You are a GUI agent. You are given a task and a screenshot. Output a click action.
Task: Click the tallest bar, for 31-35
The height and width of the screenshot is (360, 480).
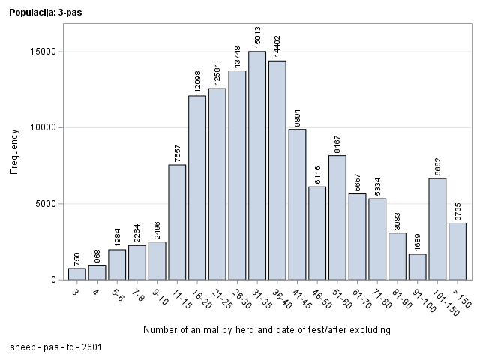pos(257,165)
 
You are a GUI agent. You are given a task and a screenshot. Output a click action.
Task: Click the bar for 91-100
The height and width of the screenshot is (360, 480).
pos(418,266)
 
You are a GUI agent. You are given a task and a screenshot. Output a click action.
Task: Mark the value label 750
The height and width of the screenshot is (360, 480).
pos(77,258)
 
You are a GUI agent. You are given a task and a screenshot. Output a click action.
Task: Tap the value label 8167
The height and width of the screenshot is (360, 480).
pos(337,142)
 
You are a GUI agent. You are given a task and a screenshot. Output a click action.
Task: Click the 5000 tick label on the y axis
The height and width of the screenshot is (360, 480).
pos(46,203)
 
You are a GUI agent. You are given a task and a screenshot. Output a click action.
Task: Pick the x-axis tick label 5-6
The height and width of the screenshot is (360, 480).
pos(116,295)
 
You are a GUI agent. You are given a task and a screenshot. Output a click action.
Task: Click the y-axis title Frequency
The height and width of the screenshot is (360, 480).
pos(14,152)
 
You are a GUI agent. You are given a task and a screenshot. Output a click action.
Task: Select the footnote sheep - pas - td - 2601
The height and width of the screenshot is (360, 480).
pos(56,347)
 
